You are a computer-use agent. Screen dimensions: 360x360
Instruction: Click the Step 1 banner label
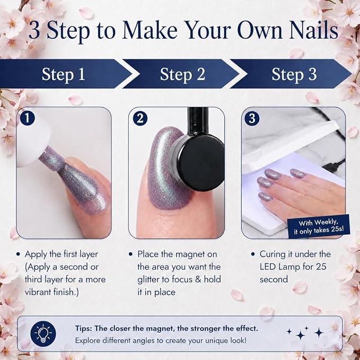coord(64,74)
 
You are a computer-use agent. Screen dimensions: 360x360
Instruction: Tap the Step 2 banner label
coord(182,74)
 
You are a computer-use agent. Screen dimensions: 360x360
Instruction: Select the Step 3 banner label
coord(294,74)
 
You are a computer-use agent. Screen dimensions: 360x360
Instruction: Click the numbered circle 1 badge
coord(28,118)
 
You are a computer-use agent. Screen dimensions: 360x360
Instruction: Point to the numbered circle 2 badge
coord(140,118)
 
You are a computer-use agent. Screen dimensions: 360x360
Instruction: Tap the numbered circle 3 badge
coord(252,118)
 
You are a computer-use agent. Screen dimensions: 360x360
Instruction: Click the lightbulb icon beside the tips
coord(43,333)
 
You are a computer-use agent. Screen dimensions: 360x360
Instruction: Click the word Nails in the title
coord(314,30)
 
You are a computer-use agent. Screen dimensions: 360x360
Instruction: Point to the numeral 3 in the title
coord(34,31)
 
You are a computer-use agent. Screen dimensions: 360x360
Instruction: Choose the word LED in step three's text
coord(268,267)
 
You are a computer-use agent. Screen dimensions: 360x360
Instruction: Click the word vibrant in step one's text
coord(38,292)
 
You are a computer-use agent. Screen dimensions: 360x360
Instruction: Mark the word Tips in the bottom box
coord(84,329)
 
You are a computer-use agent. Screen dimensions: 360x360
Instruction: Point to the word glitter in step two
coord(149,279)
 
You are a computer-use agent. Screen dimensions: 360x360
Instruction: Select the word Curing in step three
coord(273,254)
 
